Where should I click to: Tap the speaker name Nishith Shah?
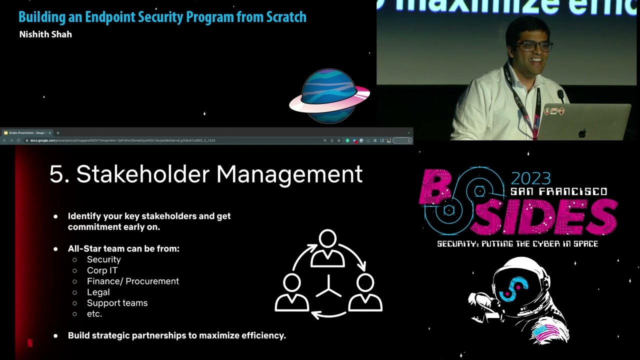45,34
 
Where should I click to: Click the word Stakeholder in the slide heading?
142,174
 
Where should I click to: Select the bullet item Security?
103,259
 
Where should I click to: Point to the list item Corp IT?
102,270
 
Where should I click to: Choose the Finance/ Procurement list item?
132,281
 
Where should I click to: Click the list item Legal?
98,292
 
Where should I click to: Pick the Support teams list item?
117,303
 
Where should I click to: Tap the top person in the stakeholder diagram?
328,248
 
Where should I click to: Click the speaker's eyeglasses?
534,46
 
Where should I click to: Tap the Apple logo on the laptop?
581,133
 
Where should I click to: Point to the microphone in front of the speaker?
560,94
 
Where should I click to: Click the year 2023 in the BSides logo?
530,178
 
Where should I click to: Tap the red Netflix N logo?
29,343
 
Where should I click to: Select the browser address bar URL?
122,140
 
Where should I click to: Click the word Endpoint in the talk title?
109,17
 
